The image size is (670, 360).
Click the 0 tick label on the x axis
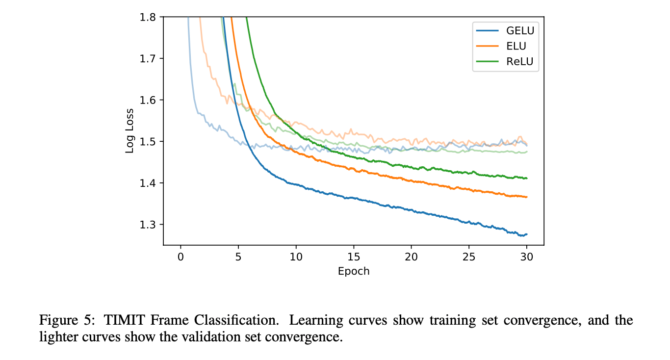click(180, 257)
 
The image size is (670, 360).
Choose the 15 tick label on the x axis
click(354, 257)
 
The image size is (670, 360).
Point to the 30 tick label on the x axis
click(527, 257)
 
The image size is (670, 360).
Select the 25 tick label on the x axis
click(469, 257)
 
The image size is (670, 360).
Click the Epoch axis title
click(354, 271)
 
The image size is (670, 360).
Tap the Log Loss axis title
click(129, 131)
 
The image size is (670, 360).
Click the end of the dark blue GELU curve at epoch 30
click(526, 234)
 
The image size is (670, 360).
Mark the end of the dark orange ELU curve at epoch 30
click(526, 197)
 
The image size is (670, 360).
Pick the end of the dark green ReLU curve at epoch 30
click(526, 178)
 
